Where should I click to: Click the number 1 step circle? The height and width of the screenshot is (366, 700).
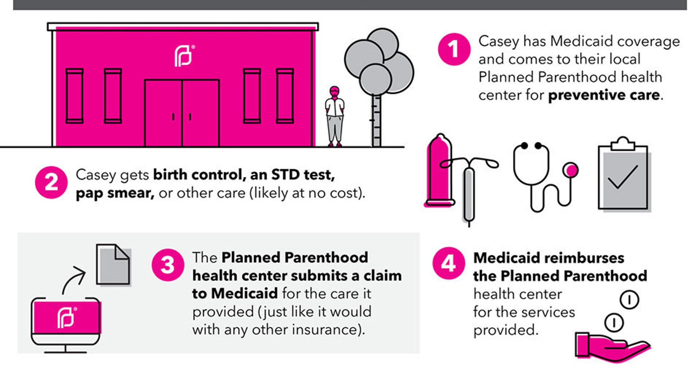pyautogui.click(x=454, y=49)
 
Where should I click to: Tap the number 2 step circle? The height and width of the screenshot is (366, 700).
pyautogui.click(x=51, y=182)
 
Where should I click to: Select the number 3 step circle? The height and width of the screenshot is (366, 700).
pyautogui.click(x=167, y=265)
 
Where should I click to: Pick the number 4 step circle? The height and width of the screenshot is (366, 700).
pyautogui.click(x=448, y=263)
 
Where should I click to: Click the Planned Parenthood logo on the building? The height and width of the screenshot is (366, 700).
pyautogui.click(x=184, y=56)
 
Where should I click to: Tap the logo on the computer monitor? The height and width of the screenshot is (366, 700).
pyautogui.click(x=66, y=317)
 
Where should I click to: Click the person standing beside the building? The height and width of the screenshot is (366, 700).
pyautogui.click(x=335, y=117)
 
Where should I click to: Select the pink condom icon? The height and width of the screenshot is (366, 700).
pyautogui.click(x=439, y=170)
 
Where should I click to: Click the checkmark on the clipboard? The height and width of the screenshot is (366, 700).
pyautogui.click(x=623, y=177)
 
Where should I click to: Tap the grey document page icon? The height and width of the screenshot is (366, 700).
pyautogui.click(x=113, y=264)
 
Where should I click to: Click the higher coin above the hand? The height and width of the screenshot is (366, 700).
pyautogui.click(x=629, y=300)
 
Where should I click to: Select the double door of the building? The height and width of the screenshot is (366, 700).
pyautogui.click(x=182, y=113)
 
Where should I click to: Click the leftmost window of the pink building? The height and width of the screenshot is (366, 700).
pyautogui.click(x=74, y=96)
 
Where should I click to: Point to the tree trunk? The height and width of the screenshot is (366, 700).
pyautogui.click(x=376, y=121)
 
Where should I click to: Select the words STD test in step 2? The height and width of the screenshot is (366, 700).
pyautogui.click(x=303, y=175)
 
